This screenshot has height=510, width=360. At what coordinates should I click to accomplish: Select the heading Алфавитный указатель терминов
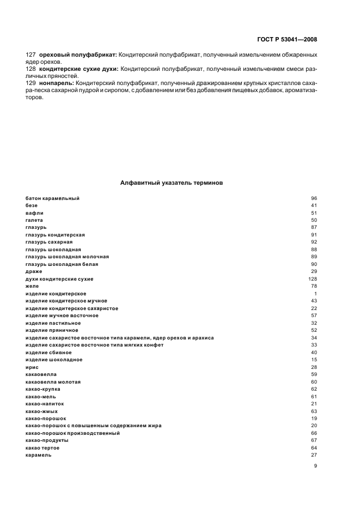(171, 184)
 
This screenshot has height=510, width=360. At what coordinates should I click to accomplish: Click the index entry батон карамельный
(52, 198)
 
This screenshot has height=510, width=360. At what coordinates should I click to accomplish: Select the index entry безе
(32, 205)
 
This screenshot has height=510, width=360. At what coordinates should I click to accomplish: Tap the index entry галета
(34, 220)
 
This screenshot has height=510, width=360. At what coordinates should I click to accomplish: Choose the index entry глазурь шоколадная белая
(62, 264)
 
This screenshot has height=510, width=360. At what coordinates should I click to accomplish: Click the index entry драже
(33, 271)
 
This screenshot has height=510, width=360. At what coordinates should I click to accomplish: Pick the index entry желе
(32, 286)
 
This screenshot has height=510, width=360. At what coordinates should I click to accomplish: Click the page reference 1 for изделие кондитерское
(315, 294)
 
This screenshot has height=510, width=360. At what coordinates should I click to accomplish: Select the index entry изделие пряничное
(52, 330)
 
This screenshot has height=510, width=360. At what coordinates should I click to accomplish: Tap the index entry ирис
(32, 367)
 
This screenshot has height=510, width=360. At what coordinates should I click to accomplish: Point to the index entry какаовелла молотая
(53, 382)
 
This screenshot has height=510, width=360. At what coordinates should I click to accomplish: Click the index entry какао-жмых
(41, 411)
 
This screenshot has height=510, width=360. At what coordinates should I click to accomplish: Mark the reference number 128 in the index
(313, 279)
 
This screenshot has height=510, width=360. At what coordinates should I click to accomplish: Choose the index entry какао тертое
(43, 448)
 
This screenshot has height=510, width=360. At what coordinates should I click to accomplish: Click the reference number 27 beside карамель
(314, 456)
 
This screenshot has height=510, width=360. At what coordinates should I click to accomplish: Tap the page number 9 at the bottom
(315, 466)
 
